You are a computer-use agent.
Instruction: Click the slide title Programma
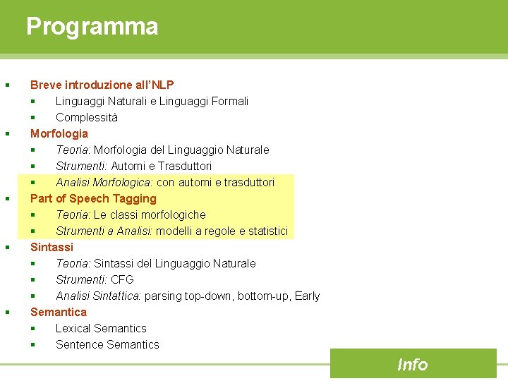tap(92, 27)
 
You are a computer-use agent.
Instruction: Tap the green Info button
tap(413, 364)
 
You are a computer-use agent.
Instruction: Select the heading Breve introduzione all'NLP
tap(102, 85)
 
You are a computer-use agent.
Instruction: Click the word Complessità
tap(87, 117)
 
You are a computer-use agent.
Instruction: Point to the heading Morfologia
tap(59, 133)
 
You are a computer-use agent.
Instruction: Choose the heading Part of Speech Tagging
tap(93, 198)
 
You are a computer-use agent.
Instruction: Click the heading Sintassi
tap(52, 247)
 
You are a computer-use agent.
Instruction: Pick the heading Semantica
tap(59, 312)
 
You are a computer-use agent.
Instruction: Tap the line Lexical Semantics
tap(101, 328)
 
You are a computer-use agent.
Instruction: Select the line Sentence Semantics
tap(107, 344)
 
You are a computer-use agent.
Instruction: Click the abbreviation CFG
tap(122, 279)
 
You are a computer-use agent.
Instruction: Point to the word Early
tap(308, 296)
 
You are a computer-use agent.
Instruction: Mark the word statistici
tap(264, 231)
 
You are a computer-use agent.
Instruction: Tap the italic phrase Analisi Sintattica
tap(98, 296)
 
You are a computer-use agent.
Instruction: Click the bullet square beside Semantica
tap(7, 312)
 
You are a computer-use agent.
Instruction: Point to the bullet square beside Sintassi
tap(7, 247)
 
